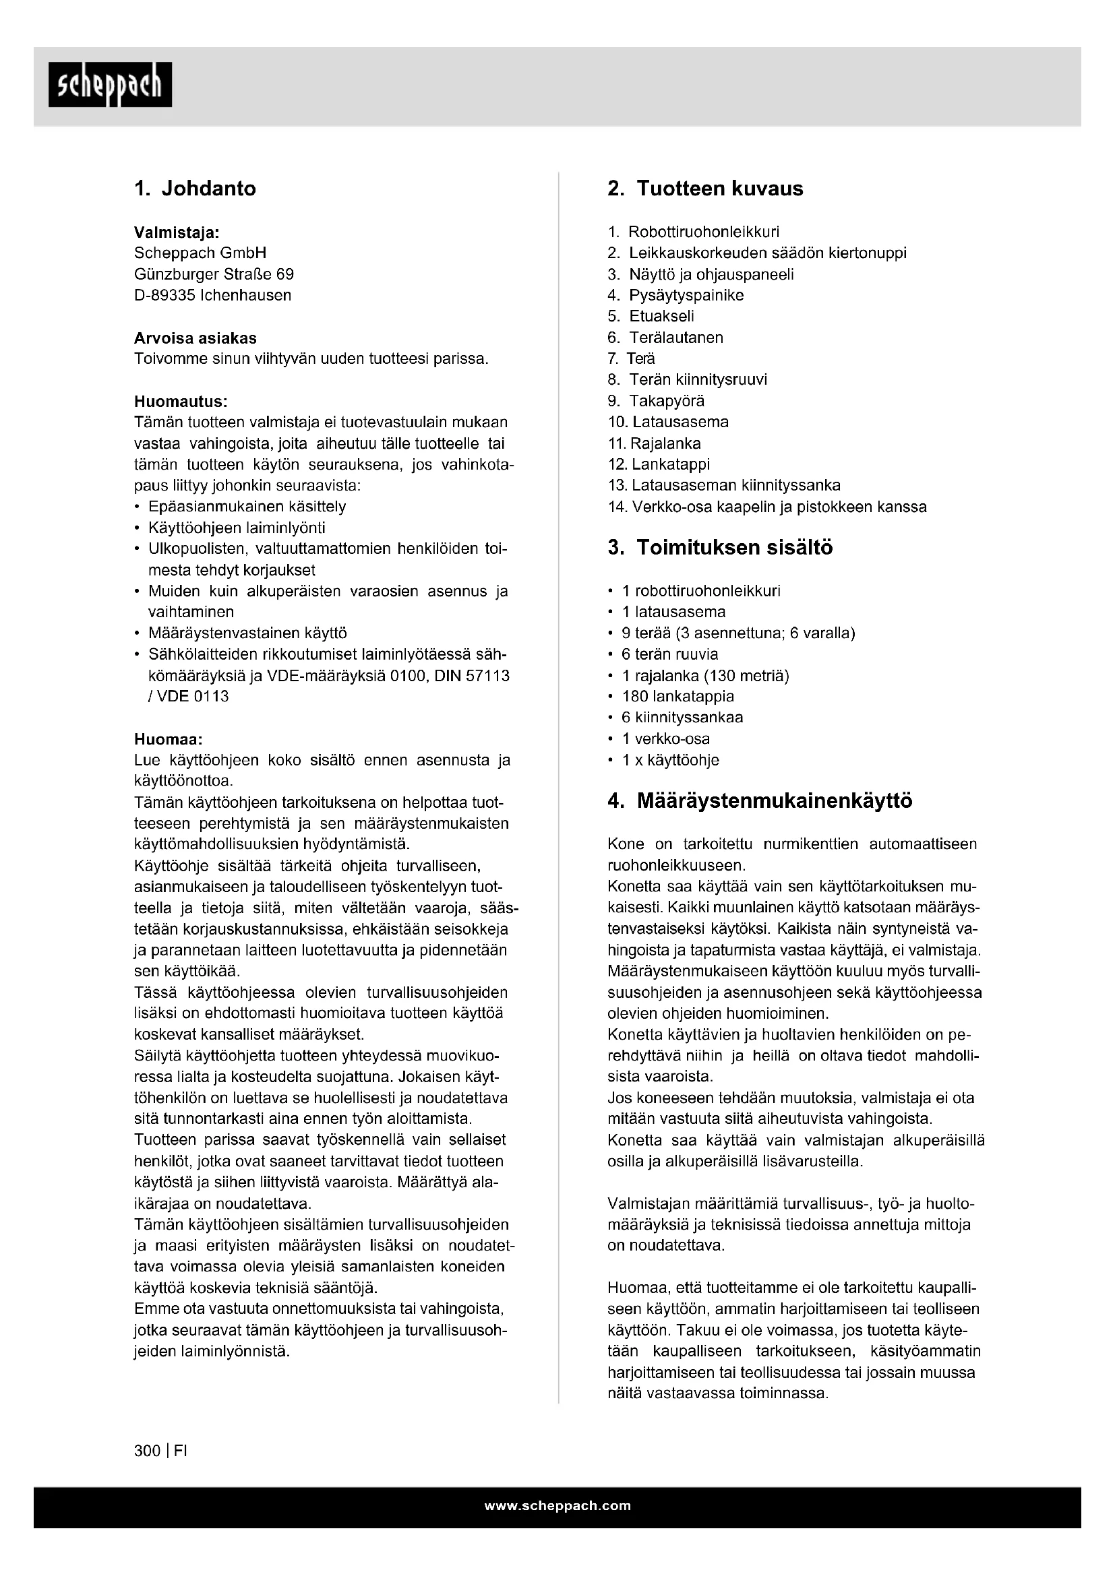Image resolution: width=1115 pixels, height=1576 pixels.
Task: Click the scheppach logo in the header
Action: (x=110, y=85)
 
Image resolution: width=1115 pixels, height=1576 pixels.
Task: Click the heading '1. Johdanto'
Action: (x=195, y=189)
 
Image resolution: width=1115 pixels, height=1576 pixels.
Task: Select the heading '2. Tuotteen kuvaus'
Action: (x=705, y=189)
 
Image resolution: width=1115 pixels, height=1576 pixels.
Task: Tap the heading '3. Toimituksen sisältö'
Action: (x=719, y=548)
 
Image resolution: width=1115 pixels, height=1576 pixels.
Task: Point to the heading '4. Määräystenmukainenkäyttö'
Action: (x=760, y=801)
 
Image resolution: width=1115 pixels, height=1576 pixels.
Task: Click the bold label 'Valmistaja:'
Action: (x=177, y=232)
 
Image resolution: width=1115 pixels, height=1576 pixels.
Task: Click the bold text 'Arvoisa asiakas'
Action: (x=195, y=338)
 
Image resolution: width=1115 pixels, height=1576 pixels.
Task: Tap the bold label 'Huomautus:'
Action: (x=181, y=401)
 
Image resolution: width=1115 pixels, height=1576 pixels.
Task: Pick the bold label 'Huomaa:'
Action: (x=169, y=740)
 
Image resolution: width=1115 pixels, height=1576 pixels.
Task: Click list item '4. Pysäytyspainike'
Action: (x=676, y=296)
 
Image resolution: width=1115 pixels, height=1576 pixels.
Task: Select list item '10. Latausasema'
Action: (x=669, y=422)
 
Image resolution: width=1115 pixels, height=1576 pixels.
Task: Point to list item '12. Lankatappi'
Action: (x=659, y=465)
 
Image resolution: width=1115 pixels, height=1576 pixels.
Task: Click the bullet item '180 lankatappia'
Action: (x=677, y=697)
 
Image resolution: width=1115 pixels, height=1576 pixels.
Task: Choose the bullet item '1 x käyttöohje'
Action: (x=670, y=761)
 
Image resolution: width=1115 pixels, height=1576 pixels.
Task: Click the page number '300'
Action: (x=147, y=1451)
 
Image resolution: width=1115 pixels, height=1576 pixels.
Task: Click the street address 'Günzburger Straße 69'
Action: (x=214, y=274)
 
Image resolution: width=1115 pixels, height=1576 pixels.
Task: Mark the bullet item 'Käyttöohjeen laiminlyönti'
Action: (x=237, y=528)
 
